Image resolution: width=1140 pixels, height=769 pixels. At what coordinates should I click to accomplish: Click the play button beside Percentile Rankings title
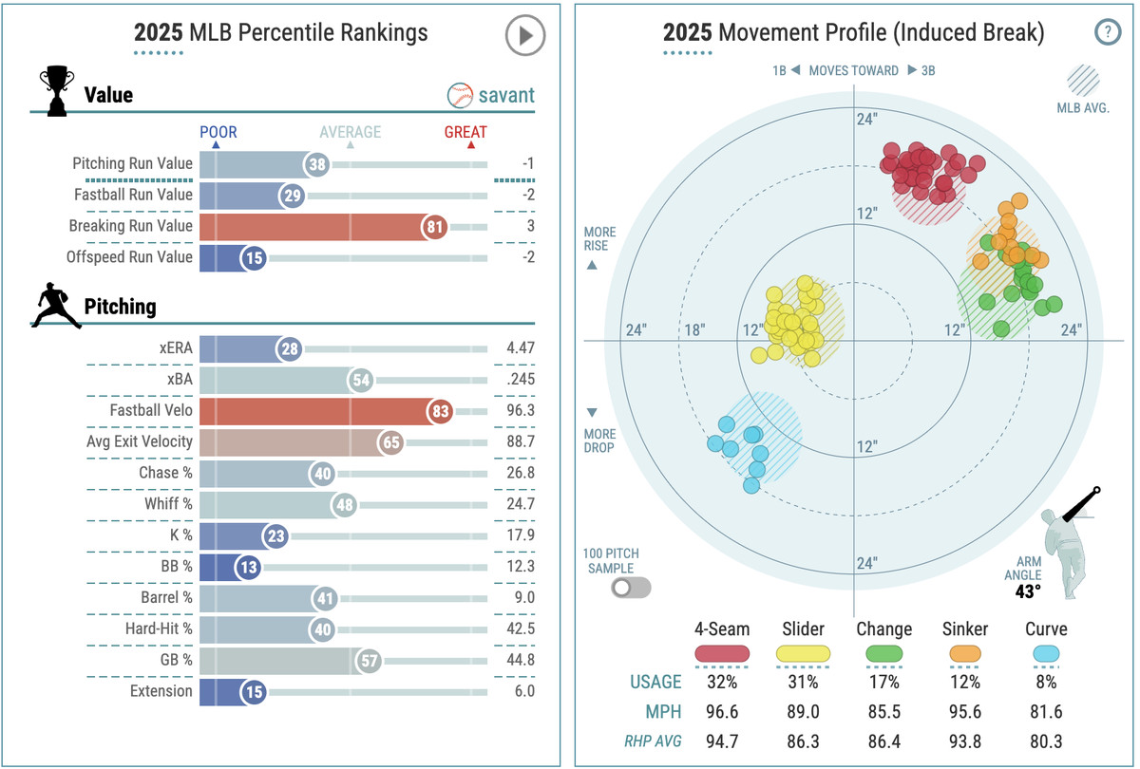click(x=524, y=37)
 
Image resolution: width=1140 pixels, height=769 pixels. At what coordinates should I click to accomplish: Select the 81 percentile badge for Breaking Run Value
click(x=434, y=226)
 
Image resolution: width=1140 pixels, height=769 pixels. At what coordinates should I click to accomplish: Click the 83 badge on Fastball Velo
click(x=440, y=411)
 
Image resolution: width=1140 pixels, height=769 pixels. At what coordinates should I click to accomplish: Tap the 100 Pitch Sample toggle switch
click(x=631, y=588)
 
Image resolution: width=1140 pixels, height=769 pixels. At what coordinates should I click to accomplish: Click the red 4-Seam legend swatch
click(x=723, y=654)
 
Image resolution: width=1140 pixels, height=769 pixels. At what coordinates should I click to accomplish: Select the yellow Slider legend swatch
click(x=803, y=654)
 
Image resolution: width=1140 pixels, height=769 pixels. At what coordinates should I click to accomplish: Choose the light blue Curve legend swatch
click(x=1046, y=654)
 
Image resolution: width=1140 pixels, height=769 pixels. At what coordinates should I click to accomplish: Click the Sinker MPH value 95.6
click(x=965, y=712)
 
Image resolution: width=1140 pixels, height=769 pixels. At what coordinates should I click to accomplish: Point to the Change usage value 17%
click(x=883, y=682)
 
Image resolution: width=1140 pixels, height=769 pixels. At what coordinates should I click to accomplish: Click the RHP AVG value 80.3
click(x=1046, y=741)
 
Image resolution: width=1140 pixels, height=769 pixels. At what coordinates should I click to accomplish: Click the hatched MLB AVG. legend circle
click(x=1083, y=80)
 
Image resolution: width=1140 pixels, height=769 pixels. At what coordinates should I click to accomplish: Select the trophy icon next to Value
click(x=56, y=91)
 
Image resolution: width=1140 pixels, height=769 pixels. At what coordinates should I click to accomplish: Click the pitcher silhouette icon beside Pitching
click(x=57, y=306)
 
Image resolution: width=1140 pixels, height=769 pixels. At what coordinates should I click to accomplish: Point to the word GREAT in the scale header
click(x=465, y=133)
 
